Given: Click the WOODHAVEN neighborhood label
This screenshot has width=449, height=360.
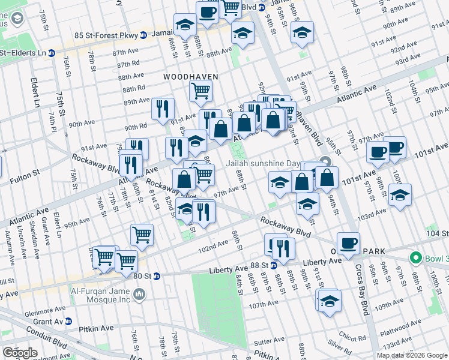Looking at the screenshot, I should click(190, 77).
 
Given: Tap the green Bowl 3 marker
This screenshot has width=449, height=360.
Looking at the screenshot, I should click(414, 258).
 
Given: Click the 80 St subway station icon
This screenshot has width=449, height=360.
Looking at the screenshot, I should click(156, 276).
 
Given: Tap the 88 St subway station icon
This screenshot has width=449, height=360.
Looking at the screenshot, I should click(273, 265).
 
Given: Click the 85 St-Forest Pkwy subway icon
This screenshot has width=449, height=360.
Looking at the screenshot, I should click(145, 34).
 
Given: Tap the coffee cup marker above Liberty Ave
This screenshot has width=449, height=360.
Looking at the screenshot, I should click(348, 244).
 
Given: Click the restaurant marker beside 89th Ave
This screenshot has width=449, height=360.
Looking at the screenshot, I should click(163, 109).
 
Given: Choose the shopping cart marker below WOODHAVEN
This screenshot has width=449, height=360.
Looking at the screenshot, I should click(200, 91).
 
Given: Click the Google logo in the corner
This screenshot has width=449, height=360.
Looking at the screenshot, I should click(20, 353).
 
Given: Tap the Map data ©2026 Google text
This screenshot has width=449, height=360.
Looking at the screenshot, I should click(412, 355).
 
